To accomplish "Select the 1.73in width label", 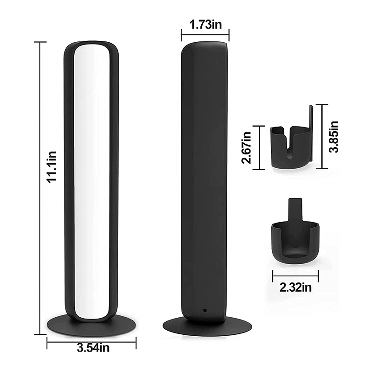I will (205, 24).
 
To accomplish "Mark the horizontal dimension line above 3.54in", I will (91, 344).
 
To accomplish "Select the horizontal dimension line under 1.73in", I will (205, 34).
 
